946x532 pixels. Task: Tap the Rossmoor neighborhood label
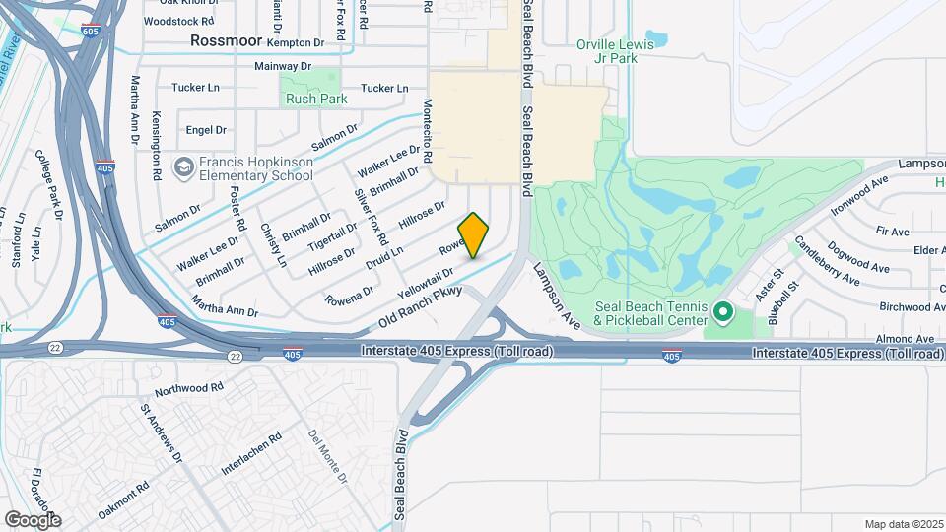tap(227, 40)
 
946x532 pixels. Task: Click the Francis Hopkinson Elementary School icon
tap(183, 167)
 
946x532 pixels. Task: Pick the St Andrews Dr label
tap(161, 432)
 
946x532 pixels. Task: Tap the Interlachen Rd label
tap(252, 454)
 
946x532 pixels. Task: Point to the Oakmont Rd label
tap(123, 499)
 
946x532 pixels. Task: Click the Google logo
tap(33, 519)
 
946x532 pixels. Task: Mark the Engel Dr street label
tap(206, 129)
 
